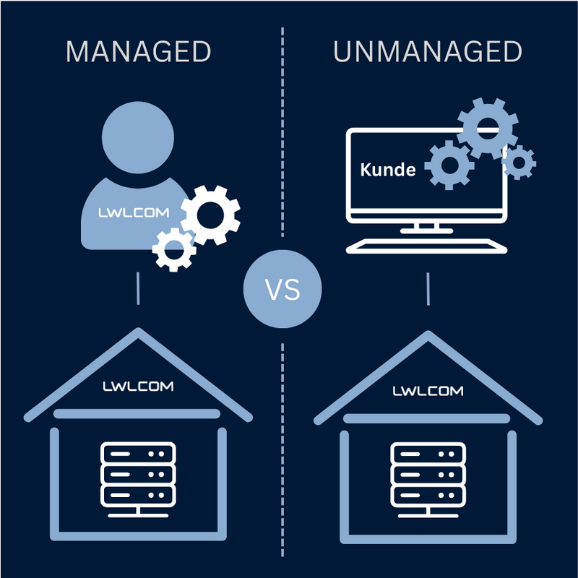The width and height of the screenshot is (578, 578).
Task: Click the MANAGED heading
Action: coord(138,52)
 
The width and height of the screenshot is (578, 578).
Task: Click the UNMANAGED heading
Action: coord(427,52)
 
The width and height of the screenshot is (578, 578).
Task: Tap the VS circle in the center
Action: coord(282,291)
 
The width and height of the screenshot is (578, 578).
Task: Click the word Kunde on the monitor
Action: coord(388,171)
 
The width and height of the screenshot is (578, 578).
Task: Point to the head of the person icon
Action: coord(138,137)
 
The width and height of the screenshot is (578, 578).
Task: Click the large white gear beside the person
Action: coord(210,214)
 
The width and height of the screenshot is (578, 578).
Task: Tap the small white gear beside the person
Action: coord(174,249)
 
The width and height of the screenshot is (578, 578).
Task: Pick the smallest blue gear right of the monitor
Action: coord(518,162)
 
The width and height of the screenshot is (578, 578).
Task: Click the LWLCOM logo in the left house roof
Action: coord(137,387)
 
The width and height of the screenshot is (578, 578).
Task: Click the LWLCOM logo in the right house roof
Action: coord(428,391)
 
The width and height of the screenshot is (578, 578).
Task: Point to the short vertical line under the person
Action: coord(138,289)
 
